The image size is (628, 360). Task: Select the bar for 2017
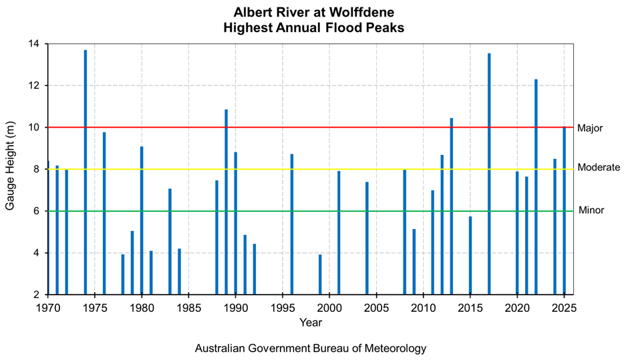[489, 174]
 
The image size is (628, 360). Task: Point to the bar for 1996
[292, 224]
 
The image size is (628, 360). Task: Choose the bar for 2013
[452, 206]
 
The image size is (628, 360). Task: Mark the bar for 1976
[104, 214]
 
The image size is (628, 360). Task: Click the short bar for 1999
[320, 275]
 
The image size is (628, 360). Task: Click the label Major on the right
[591, 128]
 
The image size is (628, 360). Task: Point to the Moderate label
[599, 168]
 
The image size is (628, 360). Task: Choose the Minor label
[591, 210]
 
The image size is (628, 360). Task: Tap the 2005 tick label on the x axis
[377, 307]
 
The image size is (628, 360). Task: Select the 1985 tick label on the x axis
[189, 307]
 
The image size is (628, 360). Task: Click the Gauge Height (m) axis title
[10, 169]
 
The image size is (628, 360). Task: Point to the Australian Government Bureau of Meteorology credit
[310, 349]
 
